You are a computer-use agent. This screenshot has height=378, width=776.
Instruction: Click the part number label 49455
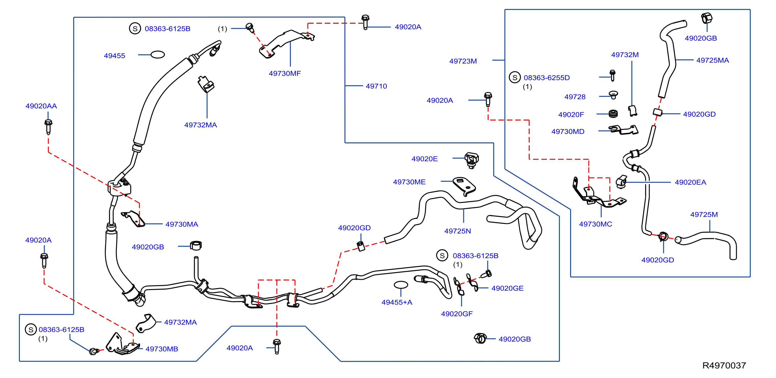[114, 56]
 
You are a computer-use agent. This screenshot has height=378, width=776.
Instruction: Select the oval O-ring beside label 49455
[158, 55]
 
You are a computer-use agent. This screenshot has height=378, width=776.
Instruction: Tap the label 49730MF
[285, 74]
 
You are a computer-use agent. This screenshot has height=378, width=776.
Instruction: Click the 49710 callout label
[376, 86]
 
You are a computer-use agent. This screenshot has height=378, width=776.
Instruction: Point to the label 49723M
[463, 61]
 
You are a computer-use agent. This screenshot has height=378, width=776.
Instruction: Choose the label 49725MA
[712, 60]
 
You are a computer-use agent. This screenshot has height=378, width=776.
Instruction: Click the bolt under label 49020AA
[48, 127]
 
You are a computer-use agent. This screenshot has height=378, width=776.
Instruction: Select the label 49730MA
[182, 224]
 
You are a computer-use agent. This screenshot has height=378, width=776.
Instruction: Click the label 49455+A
[397, 302]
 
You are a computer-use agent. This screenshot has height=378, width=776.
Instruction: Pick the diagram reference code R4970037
[724, 366]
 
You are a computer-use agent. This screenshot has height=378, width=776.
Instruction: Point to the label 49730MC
[595, 224]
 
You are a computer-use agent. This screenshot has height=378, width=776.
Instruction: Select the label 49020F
[571, 115]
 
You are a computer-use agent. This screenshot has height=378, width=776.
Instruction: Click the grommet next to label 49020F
[613, 114]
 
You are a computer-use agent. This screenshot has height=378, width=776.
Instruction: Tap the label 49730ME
[409, 182]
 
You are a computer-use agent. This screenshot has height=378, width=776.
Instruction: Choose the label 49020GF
[457, 314]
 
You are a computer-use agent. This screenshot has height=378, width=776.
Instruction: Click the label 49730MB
[162, 349]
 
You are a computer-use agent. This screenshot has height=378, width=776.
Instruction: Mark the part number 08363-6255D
[547, 78]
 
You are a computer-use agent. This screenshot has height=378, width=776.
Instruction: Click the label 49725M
[704, 214]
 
